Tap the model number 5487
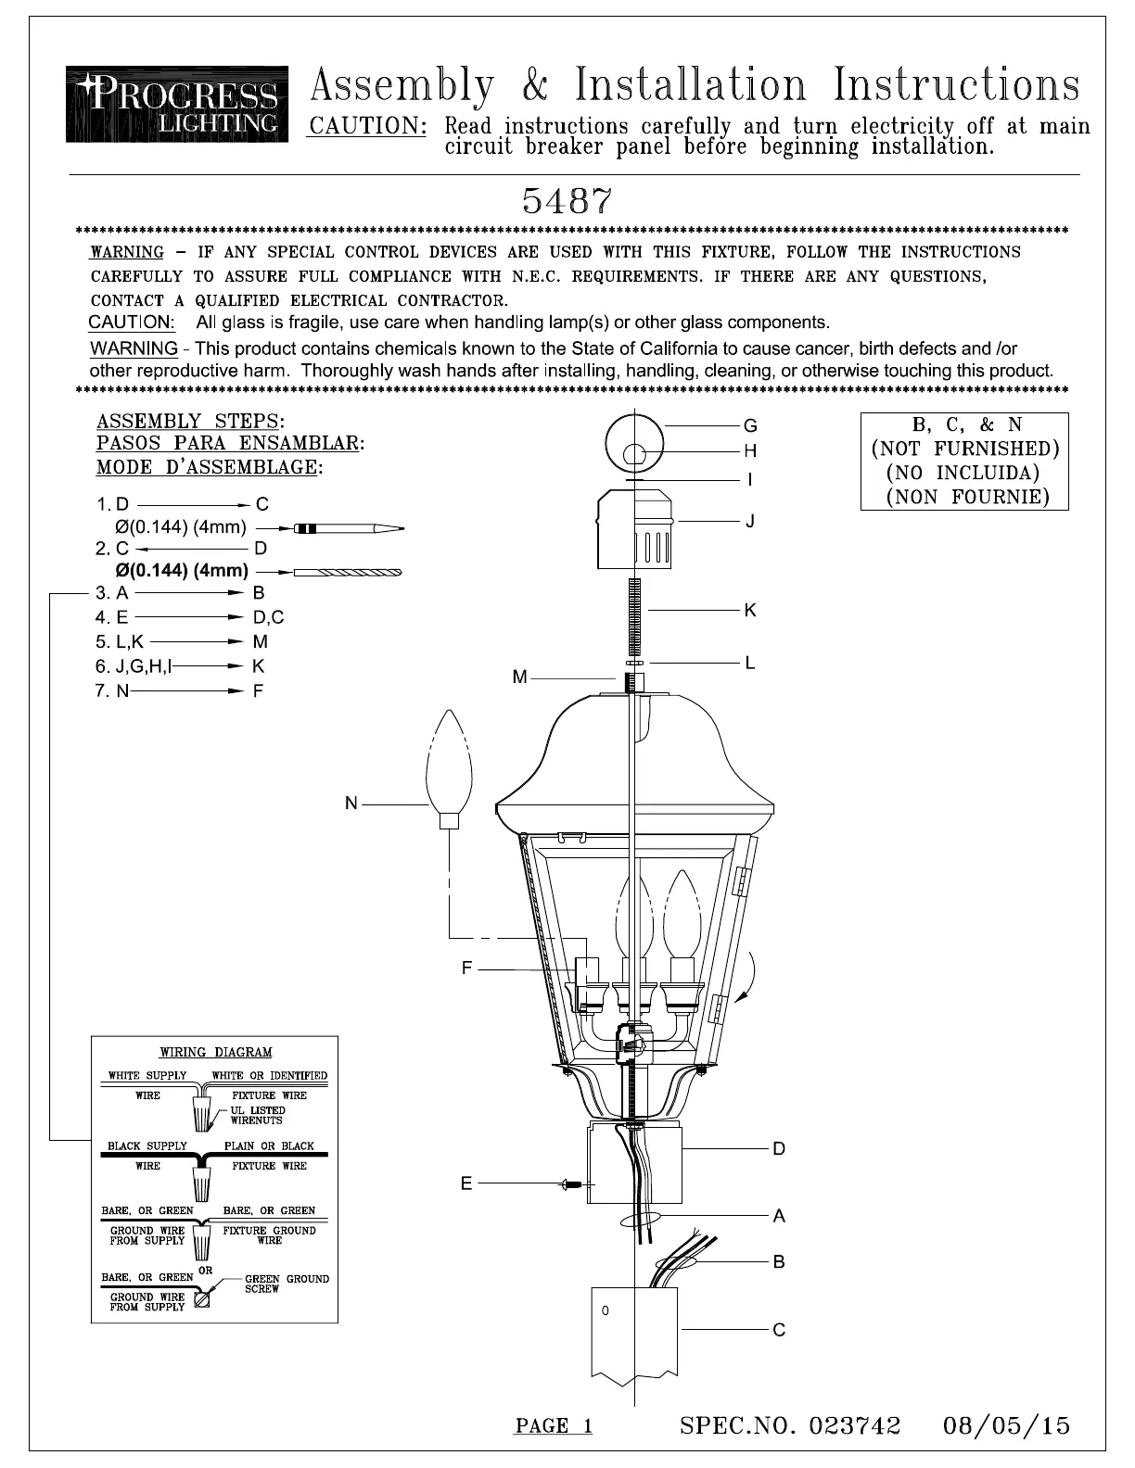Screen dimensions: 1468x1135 (x=567, y=200)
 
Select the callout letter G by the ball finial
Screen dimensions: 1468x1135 (x=750, y=425)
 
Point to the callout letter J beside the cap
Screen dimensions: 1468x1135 (x=750, y=521)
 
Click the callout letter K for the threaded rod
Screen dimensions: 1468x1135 (x=750, y=610)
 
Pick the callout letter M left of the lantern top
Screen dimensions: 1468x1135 (x=519, y=677)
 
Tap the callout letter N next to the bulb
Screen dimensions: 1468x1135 (x=351, y=804)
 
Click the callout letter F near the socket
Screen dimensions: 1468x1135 (x=467, y=968)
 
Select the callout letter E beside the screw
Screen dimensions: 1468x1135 (x=465, y=1183)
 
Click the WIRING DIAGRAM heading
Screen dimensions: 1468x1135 (x=216, y=1052)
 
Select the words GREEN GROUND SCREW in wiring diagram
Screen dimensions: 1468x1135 (x=286, y=1284)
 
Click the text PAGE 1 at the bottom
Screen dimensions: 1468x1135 (x=554, y=1426)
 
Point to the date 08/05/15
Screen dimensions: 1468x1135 (x=1007, y=1425)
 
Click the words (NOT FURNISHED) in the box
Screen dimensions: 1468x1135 (x=964, y=449)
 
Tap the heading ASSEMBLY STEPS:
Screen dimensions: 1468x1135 (x=190, y=422)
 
